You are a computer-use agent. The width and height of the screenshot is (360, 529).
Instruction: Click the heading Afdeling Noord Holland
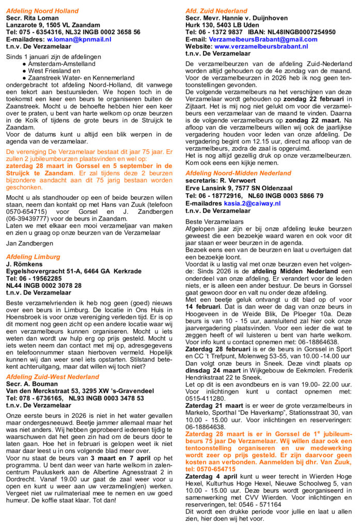(x=42, y=11)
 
